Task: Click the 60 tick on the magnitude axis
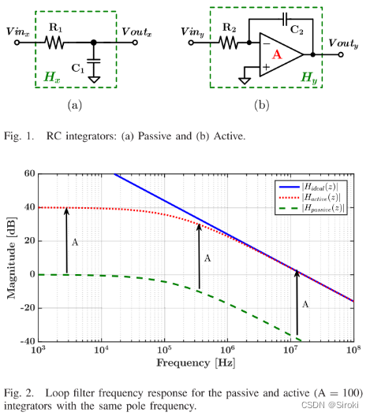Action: tap(28, 173)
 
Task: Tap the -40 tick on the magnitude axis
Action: tap(27, 341)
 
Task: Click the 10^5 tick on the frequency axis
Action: tap(163, 351)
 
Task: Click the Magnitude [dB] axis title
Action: tap(11, 257)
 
